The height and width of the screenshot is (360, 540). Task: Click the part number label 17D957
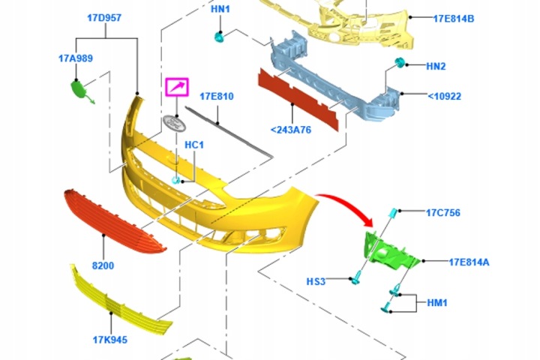tap(104, 18)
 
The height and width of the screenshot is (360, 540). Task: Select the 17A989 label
tap(76, 58)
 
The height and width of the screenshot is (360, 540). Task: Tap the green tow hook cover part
tap(80, 90)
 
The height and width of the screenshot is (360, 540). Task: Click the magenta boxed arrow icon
tap(177, 87)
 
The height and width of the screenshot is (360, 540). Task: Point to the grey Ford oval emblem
tap(174, 123)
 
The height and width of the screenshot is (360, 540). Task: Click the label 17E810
tap(217, 97)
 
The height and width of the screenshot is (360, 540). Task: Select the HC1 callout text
tap(194, 145)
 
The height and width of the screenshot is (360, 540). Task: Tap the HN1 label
tap(220, 9)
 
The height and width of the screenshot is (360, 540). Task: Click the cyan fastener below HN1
tap(219, 37)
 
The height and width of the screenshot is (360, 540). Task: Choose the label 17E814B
tap(454, 19)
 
